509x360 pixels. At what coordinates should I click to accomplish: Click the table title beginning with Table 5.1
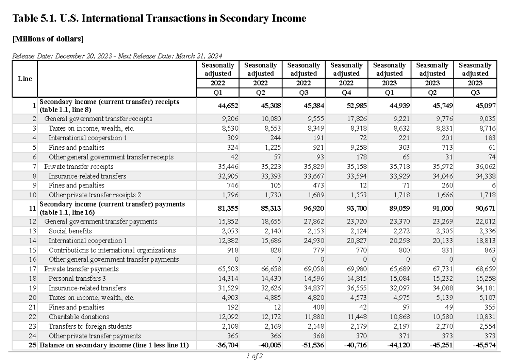[159, 19]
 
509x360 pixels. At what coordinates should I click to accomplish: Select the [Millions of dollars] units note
[48, 39]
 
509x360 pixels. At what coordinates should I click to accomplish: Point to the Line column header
[25, 79]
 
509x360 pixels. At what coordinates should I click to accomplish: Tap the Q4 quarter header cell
[346, 93]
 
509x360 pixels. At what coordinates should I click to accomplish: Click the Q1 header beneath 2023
[389, 93]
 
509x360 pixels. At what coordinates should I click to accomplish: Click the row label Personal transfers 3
[77, 278]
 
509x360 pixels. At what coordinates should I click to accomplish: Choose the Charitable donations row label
[79, 316]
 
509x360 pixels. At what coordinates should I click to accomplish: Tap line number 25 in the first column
[32, 345]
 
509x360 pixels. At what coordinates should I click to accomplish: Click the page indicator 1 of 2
[255, 356]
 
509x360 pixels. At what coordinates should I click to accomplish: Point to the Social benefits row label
[70, 231]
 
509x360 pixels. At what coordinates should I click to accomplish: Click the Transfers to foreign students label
[90, 326]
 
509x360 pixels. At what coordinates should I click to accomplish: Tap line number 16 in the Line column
[34, 259]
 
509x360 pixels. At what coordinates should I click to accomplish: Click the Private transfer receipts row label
[79, 167]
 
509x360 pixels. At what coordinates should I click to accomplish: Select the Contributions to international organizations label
[112, 250]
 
